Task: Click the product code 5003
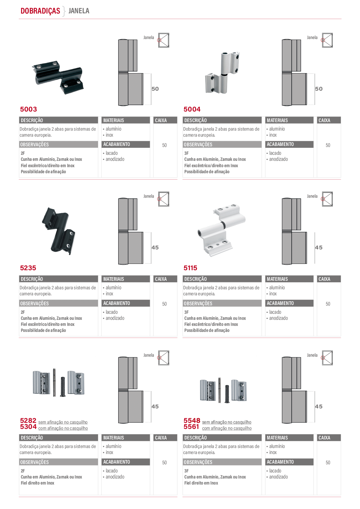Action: (x=28, y=109)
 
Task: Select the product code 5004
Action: (x=192, y=109)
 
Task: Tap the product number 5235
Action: (x=28, y=268)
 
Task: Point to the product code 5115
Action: (x=190, y=268)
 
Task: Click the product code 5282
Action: (x=28, y=420)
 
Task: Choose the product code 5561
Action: (x=191, y=427)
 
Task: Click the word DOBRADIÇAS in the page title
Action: (x=40, y=11)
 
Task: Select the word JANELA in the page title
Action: (x=79, y=11)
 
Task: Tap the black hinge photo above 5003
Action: (x=57, y=77)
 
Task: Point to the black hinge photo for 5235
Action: (x=59, y=231)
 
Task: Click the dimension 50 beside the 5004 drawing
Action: (x=319, y=89)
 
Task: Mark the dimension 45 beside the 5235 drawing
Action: (x=155, y=248)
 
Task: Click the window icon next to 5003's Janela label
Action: (x=164, y=40)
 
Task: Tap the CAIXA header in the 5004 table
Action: (x=324, y=120)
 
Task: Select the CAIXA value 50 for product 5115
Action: (x=328, y=304)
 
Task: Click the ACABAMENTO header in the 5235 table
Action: (x=117, y=303)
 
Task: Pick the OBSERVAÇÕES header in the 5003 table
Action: (x=34, y=144)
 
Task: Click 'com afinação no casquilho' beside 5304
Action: (x=63, y=428)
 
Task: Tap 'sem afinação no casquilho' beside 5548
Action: (x=227, y=422)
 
